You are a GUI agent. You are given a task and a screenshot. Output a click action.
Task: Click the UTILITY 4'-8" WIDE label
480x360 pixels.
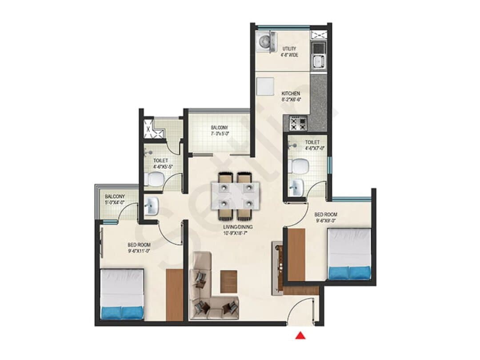click(x=290, y=52)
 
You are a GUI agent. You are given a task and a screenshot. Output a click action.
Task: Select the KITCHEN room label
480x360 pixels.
click(x=291, y=93)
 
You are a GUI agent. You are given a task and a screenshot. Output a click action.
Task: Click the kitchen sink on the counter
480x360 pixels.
click(x=319, y=61)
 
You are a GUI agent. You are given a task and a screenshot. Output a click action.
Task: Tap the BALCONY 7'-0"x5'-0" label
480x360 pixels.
click(x=220, y=130)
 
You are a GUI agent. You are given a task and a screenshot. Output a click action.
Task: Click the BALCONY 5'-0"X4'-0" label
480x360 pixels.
click(x=115, y=199)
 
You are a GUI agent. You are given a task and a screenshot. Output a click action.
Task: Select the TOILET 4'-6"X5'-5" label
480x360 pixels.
click(x=163, y=164)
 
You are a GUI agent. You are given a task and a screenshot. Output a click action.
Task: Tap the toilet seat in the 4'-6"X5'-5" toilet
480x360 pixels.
click(x=155, y=179)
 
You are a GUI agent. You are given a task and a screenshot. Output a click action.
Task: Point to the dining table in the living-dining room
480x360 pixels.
click(x=236, y=196)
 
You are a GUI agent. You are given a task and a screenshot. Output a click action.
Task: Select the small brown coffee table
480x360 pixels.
click(x=229, y=282)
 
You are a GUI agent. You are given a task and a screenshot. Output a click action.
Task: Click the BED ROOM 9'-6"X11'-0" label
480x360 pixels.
click(x=139, y=248)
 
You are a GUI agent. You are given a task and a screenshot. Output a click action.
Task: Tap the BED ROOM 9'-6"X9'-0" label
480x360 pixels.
click(x=326, y=217)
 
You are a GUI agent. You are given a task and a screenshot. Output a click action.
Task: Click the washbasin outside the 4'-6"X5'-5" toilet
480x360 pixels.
click(x=151, y=206)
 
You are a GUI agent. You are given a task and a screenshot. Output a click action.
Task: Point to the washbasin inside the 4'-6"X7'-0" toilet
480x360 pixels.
click(x=296, y=188)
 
